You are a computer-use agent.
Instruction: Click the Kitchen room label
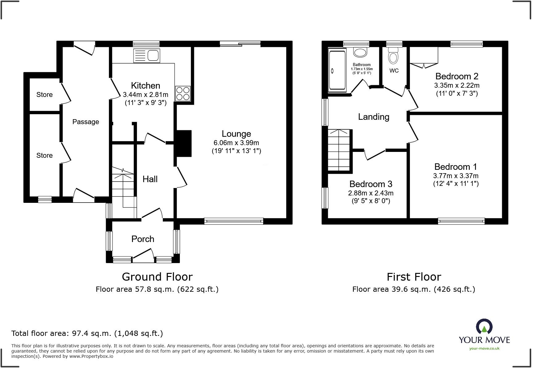pyautogui.click(x=145, y=86)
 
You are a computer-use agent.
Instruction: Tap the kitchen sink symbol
pyautogui.click(x=147, y=56)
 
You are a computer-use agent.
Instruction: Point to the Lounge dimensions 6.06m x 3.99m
pyautogui.click(x=236, y=143)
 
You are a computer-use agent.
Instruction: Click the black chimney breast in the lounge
pyautogui.click(x=184, y=144)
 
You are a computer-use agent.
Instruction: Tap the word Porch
pyautogui.click(x=143, y=239)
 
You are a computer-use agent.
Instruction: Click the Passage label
pyautogui.click(x=85, y=122)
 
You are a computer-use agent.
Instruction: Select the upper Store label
pyautogui.click(x=44, y=95)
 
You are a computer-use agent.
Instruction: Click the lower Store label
pyautogui.click(x=44, y=156)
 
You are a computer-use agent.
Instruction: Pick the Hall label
pyautogui.click(x=150, y=179)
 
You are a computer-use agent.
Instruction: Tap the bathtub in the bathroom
pyautogui.click(x=337, y=71)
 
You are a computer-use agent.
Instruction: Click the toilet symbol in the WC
pyautogui.click(x=393, y=56)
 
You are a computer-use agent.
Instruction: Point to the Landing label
pyautogui.click(x=374, y=117)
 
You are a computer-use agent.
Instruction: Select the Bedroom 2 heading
pyautogui.click(x=457, y=76)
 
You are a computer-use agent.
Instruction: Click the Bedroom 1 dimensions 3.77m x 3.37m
pyautogui.click(x=456, y=176)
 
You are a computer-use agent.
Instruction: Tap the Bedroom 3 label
pyautogui.click(x=371, y=184)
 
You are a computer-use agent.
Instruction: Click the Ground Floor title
pyautogui.click(x=157, y=277)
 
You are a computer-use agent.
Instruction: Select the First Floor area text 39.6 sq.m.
pyautogui.click(x=414, y=289)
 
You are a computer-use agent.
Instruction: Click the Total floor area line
pyautogui.click(x=87, y=333)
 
